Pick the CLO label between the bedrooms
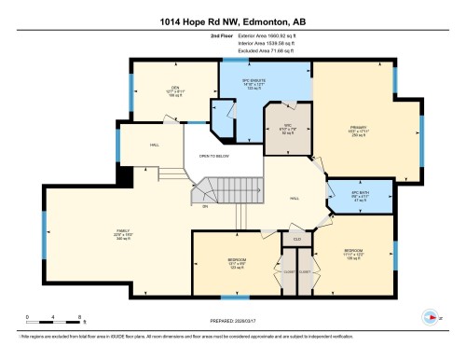[x=297, y=239]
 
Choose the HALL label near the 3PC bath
[x=294, y=199]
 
